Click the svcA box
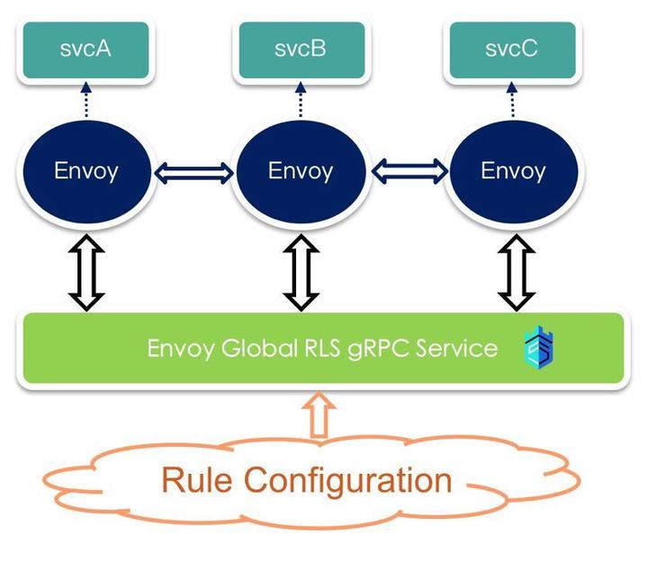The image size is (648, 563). tap(85, 50)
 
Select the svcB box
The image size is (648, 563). tap(301, 50)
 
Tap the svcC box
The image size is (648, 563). tap(513, 50)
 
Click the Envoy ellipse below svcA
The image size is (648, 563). tap(86, 171)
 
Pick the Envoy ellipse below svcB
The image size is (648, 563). tap(301, 171)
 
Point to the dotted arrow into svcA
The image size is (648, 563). tap(85, 99)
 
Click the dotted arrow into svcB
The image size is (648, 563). tap(301, 99)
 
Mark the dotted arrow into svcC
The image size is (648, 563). tap(513, 99)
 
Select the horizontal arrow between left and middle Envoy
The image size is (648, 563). tap(193, 170)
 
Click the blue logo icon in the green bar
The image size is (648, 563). tap(539, 348)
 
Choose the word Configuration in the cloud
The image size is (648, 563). tap(347, 480)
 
